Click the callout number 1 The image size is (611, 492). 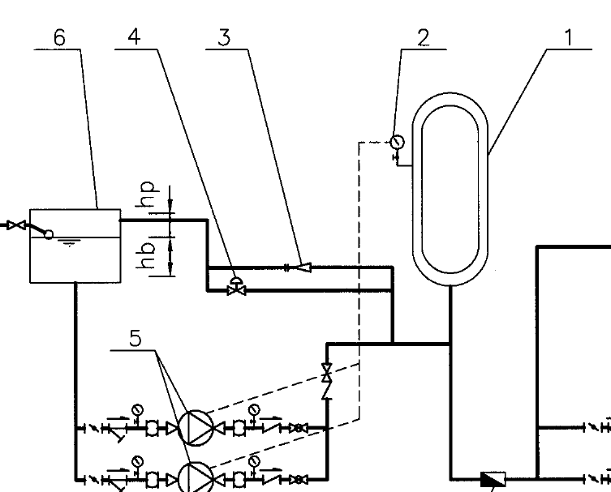[x=569, y=38]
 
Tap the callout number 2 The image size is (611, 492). [x=424, y=38]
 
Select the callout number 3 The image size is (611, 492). [x=224, y=38]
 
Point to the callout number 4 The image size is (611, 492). [x=134, y=37]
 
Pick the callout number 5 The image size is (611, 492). [x=136, y=338]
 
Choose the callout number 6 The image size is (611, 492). [x=59, y=38]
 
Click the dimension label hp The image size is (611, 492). [x=147, y=195]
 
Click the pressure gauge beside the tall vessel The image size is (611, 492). [x=397, y=142]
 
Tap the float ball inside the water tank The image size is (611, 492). [x=49, y=235]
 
